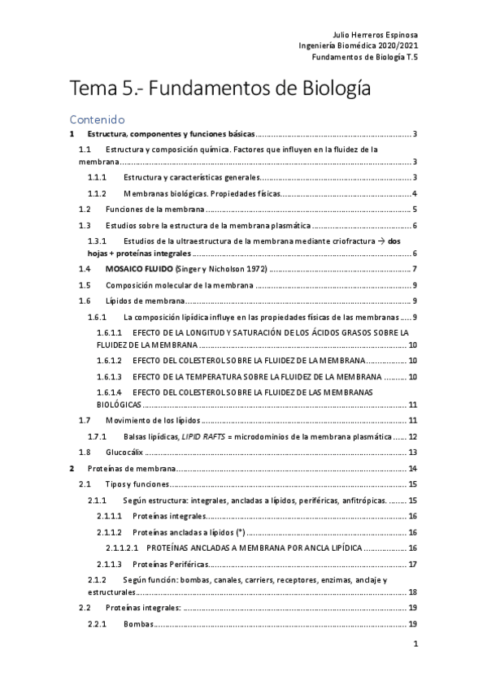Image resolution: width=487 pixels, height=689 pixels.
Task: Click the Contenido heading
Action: [97, 119]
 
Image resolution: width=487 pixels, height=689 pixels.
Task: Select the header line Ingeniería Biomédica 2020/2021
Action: [359, 47]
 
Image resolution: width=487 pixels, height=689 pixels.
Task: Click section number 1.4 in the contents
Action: [85, 269]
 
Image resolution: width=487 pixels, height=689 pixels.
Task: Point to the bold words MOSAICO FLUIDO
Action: [140, 269]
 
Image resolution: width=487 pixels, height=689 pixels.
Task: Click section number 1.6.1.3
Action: [109, 377]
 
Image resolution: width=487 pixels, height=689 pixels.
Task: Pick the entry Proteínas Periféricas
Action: [168, 564]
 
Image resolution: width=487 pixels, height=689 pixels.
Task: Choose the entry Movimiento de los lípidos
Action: [152, 420]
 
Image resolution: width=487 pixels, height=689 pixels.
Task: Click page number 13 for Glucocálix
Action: [413, 452]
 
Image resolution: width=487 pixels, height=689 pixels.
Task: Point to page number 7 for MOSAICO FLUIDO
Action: [415, 269]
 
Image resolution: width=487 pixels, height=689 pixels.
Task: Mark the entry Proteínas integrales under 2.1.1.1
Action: [169, 516]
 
